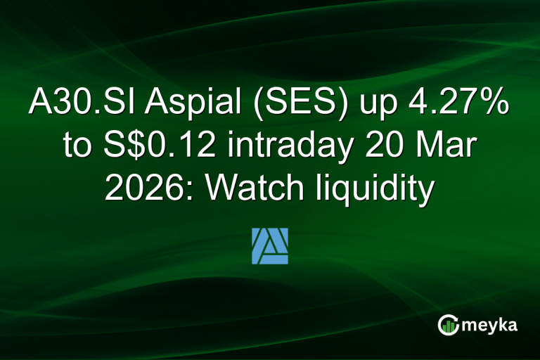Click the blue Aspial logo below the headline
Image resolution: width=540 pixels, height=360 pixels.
point(270,245)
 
